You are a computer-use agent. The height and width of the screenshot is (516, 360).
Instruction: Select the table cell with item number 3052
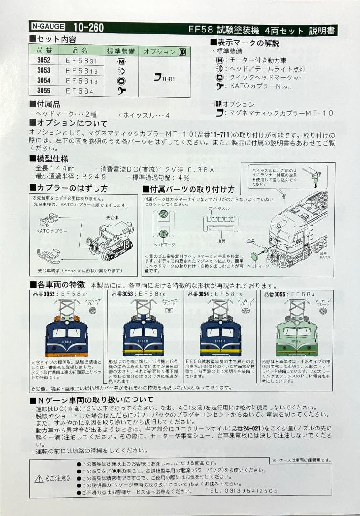pyautogui.click(x=43, y=60)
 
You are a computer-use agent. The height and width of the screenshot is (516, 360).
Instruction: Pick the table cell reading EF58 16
pyautogui.click(x=81, y=70)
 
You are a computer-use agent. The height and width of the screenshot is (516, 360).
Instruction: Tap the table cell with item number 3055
pyautogui.click(x=43, y=90)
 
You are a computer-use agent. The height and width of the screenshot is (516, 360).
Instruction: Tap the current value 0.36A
pyautogui.click(x=202, y=169)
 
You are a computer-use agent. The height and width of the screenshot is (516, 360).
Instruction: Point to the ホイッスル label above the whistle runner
pyautogui.click(x=219, y=209)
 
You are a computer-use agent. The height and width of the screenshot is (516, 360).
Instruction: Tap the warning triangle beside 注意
pyautogui.click(x=39, y=478)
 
